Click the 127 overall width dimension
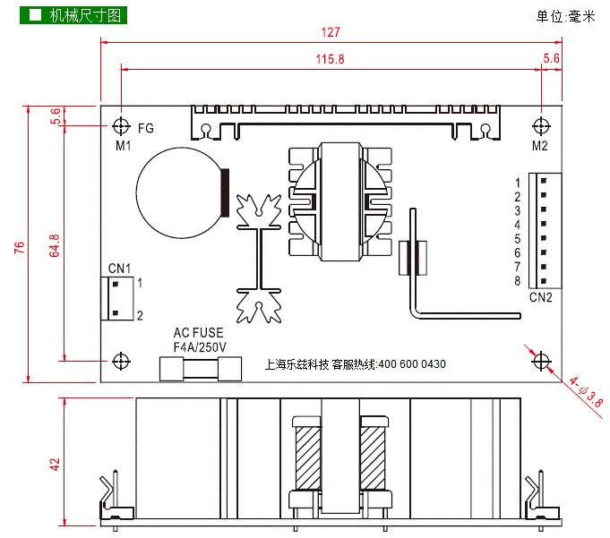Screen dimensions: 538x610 pyautogui.click(x=331, y=33)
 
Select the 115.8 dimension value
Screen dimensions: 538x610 pyautogui.click(x=331, y=59)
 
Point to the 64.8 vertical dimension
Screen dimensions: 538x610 pyautogui.click(x=55, y=247)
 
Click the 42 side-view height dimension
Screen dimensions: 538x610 pyautogui.click(x=55, y=465)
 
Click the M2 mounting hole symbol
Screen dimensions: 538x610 pyautogui.click(x=540, y=126)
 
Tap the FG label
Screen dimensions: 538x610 pyautogui.click(x=146, y=128)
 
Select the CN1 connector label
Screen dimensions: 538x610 pyautogui.click(x=119, y=268)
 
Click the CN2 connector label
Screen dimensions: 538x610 pyautogui.click(x=540, y=296)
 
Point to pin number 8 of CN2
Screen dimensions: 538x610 pyautogui.click(x=518, y=281)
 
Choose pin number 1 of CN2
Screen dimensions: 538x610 pyautogui.click(x=518, y=183)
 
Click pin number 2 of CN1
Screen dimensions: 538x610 pyautogui.click(x=140, y=315)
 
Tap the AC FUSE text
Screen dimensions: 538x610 pyautogui.click(x=199, y=333)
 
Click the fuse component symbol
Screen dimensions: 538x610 pyautogui.click(x=201, y=368)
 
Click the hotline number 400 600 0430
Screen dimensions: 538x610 pyautogui.click(x=412, y=364)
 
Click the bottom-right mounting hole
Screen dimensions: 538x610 pyautogui.click(x=540, y=361)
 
